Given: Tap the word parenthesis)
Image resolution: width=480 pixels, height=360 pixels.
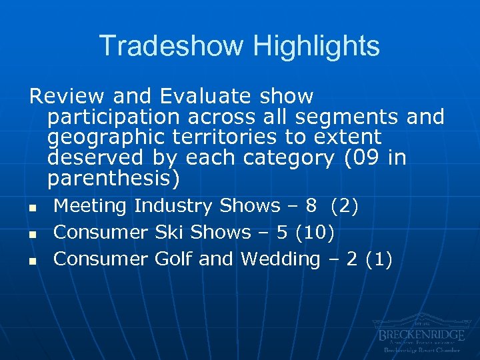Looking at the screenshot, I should pos(113,179).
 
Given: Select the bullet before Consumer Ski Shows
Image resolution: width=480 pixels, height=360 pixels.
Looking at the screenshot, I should pos(31,235).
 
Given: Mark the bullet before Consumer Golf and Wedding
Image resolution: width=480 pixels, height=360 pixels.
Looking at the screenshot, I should pos(31,261).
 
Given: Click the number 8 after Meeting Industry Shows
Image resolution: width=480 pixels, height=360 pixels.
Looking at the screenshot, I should pos(311,207).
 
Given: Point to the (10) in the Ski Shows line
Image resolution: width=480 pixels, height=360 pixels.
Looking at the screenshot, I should pos(315,233).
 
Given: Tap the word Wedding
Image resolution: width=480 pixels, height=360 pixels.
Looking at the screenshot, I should pos(280,259).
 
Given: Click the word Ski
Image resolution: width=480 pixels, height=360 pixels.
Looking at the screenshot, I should pos(170,233).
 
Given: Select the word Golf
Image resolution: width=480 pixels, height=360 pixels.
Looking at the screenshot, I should pos(174,259).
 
